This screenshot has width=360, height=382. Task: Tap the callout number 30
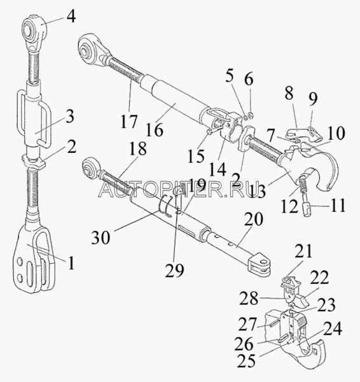pyautogui.click(x=100, y=237)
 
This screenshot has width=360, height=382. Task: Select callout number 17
pyautogui.click(x=129, y=122)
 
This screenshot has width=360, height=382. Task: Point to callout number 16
pyautogui.click(x=155, y=130)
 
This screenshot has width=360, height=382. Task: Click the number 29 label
pyautogui.click(x=174, y=271)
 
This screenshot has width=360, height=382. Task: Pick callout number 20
pyautogui.click(x=254, y=219)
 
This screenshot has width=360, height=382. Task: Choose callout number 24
pyautogui.click(x=332, y=329)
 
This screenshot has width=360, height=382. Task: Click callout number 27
pyautogui.click(x=247, y=324)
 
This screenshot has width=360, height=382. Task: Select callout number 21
pyautogui.click(x=303, y=251)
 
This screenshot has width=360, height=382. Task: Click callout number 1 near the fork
pyautogui.click(x=71, y=263)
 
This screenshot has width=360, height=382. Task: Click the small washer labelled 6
pyautogui.click(x=251, y=114)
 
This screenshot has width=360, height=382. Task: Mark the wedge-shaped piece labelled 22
pyautogui.click(x=301, y=300)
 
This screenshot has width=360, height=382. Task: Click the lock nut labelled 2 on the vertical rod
pyautogui.click(x=34, y=162)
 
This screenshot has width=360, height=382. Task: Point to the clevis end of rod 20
pyautogui.click(x=259, y=266)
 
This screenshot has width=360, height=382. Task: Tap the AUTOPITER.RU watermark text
pyautogui.click(x=176, y=190)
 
